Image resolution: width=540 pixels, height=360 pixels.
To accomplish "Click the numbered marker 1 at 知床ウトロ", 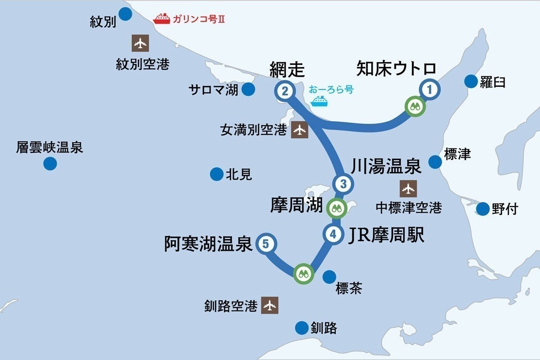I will pos(429,89).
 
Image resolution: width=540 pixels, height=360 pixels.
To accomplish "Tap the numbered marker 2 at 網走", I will pos(285,91).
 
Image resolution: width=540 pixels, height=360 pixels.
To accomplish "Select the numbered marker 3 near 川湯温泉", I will pos(343,184).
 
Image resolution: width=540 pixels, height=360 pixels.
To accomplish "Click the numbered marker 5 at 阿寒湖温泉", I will pos(265,244).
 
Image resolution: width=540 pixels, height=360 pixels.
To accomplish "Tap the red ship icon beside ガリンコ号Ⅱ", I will pos(162,19).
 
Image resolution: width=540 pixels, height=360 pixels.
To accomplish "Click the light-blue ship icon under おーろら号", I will pos(320,101).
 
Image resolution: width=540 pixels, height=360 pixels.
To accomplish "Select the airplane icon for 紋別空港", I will pos(140,44).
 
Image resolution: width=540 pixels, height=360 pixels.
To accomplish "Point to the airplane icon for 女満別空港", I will pos(300,130).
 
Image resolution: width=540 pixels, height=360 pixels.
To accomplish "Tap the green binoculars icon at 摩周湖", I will pos(336,209).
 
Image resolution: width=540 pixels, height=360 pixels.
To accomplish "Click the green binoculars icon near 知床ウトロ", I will pos(415,107).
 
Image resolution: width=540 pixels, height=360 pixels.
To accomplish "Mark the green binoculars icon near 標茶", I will pos(303,273).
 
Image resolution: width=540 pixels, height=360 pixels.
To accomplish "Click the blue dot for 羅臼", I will pos(471,82).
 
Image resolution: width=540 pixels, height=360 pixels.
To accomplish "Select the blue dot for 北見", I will pos(216,174).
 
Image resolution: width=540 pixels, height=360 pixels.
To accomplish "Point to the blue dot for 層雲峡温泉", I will pos(50,164).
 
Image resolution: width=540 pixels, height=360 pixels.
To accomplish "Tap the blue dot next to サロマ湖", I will pos(248,89).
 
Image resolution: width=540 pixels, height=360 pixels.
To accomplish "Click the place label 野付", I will pos(505,209).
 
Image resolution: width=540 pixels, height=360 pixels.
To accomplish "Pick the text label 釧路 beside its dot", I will pos(324,328).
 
